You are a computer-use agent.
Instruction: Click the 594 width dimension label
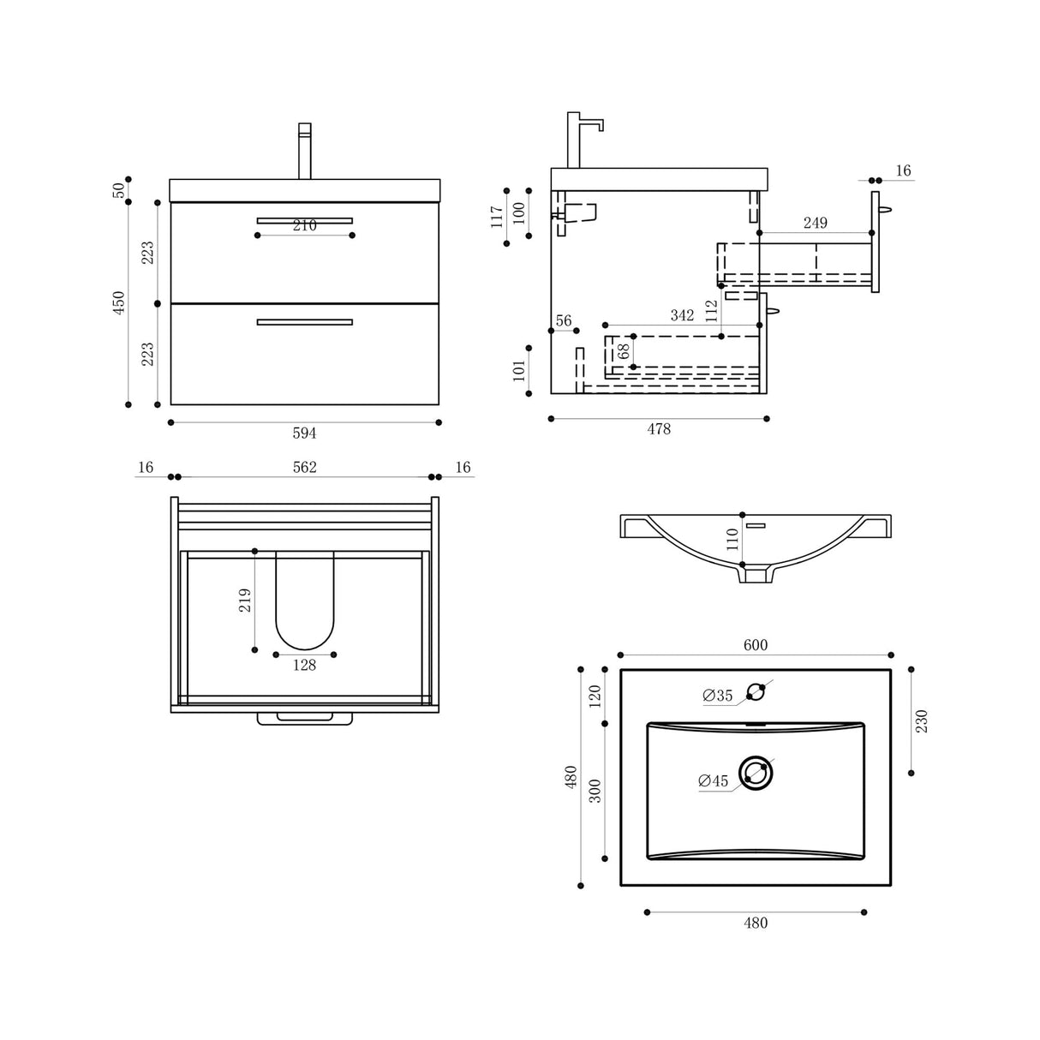pos(304,433)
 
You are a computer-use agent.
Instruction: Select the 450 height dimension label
pos(119,302)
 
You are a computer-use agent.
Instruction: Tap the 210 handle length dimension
pos(304,226)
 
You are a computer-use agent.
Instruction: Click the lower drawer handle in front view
pos(304,322)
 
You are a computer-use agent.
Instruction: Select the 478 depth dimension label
pos(658,429)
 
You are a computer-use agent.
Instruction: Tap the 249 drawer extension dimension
pos(815,223)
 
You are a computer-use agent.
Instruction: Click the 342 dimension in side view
pos(682,315)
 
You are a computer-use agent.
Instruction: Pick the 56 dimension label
pos(563,321)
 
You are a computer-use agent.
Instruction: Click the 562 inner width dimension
pos(304,467)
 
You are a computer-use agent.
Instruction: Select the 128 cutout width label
pos(304,665)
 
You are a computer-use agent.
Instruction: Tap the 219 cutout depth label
pos(245,600)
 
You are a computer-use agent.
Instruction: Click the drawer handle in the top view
pos(304,718)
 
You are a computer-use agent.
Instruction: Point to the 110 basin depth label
pos(732,539)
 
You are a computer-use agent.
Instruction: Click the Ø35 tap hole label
pos(718,696)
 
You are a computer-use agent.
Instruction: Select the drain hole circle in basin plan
pos(756,773)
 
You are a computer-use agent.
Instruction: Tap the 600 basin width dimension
pos(755,645)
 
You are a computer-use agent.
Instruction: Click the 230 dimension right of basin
pos(921,720)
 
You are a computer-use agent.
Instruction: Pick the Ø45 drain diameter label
pos(713,780)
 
